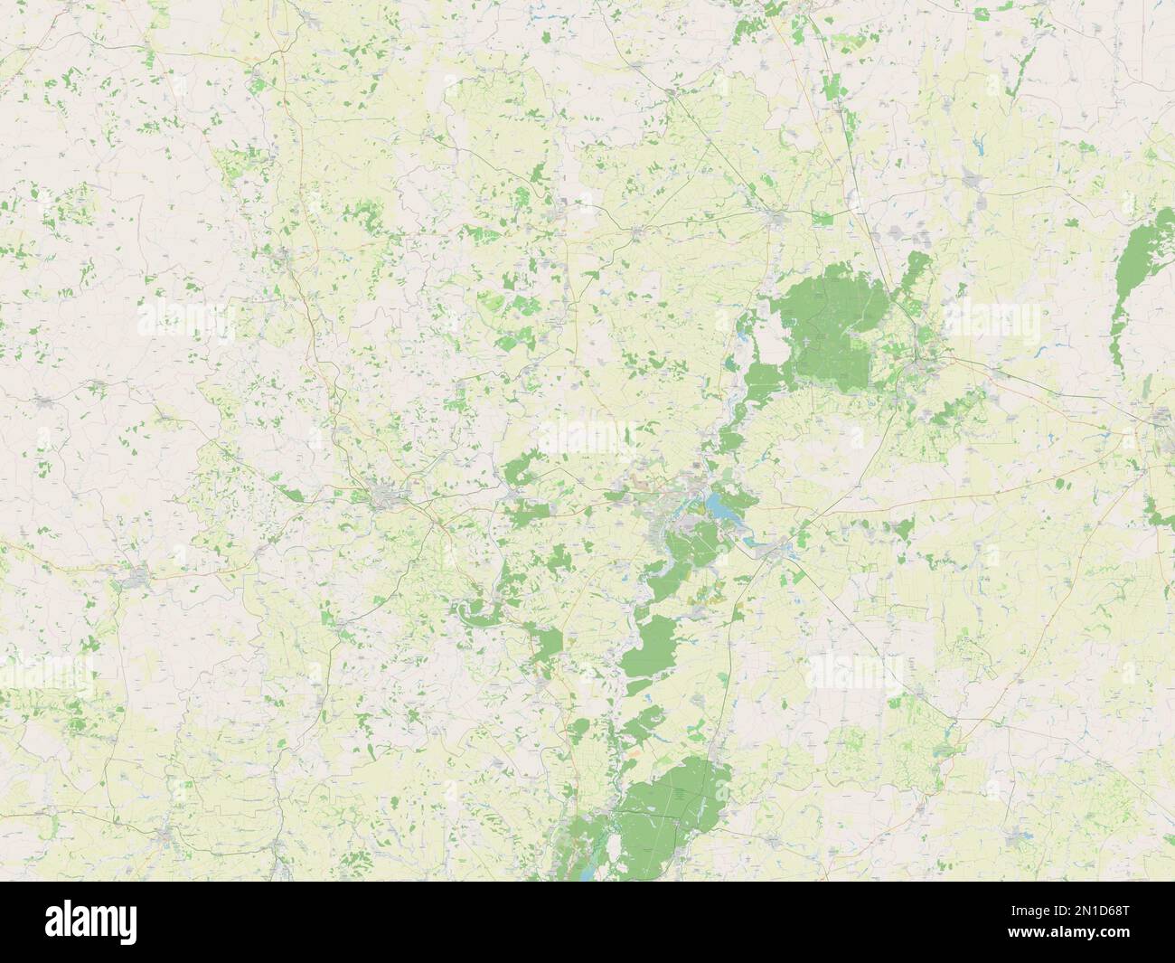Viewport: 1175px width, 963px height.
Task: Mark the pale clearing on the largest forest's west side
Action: click(768, 348)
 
